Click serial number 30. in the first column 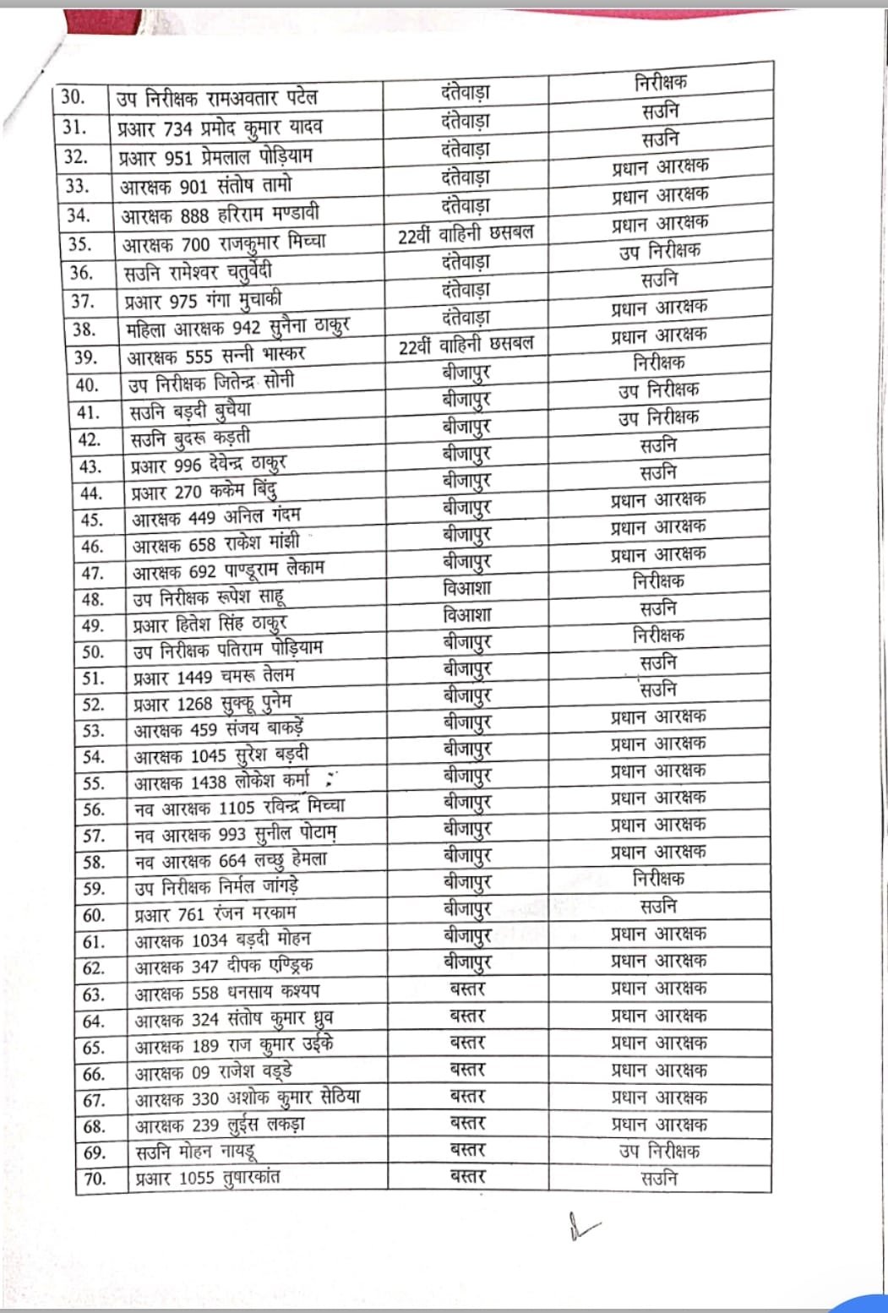click(74, 96)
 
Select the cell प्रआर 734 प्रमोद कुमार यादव click(221, 128)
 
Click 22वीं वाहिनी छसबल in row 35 click(466, 234)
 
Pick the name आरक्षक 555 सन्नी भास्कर click(216, 355)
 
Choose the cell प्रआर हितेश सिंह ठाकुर click(210, 624)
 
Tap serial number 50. click(93, 651)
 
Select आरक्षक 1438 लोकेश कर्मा click(222, 782)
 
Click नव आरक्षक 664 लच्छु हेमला click(231, 860)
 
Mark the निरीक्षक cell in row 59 click(658, 879)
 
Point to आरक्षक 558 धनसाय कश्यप click(227, 993)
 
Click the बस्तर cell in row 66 click(467, 1070)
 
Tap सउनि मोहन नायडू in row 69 click(196, 1152)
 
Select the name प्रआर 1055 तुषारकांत click(207, 1178)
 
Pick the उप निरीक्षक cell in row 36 click(659, 251)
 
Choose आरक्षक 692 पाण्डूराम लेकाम click(228, 570)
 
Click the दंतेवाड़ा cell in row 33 click(466, 177)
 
